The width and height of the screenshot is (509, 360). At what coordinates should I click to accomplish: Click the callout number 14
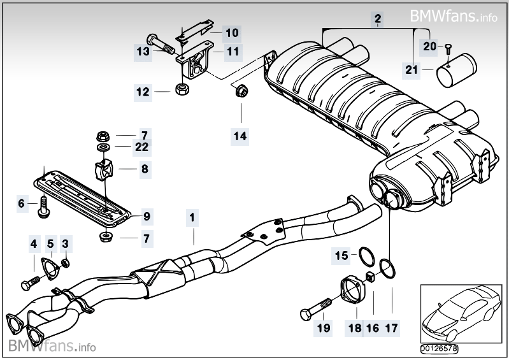pos(241,135)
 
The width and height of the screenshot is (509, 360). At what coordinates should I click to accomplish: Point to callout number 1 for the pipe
pos(190,218)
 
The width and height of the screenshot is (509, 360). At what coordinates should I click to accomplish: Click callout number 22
pos(141,147)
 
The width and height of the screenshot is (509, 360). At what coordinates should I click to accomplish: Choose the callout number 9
pos(147,217)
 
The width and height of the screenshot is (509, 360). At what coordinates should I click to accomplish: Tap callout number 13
pos(143,50)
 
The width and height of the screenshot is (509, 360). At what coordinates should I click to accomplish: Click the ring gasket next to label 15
pos(365,257)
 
